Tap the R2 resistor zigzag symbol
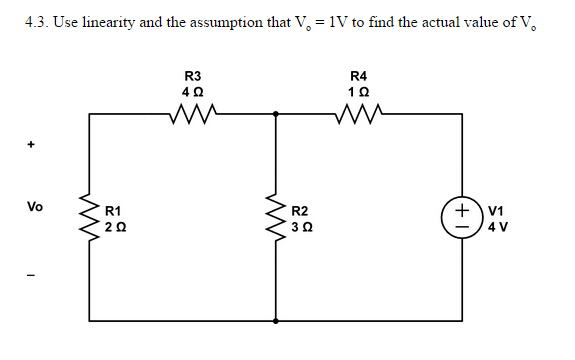[x=275, y=219]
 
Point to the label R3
[x=193, y=75]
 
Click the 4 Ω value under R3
[x=193, y=92]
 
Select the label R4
[x=360, y=75]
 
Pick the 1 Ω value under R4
[x=360, y=92]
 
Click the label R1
[x=114, y=211]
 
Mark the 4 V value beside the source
[x=497, y=227]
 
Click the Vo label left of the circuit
[x=35, y=208]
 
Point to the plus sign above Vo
[x=32, y=146]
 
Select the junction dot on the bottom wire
[x=275, y=322]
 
